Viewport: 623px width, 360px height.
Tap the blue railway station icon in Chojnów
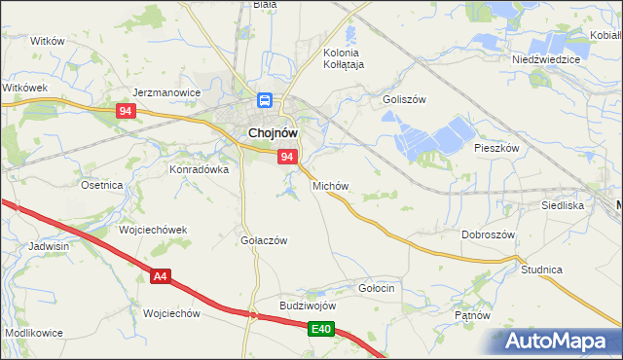[264, 99]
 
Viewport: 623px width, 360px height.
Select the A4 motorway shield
[162, 278]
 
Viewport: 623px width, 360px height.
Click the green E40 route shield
[323, 331]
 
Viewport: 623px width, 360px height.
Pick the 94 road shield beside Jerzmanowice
[125, 112]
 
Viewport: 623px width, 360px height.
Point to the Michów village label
[330, 185]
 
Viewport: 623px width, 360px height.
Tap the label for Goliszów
[405, 99]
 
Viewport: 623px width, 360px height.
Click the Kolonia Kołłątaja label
[342, 58]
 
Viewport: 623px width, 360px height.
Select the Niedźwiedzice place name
[546, 59]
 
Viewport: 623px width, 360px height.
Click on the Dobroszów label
[488, 234]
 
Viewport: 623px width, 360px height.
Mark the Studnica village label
[542, 269]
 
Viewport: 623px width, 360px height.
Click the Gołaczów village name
[263, 240]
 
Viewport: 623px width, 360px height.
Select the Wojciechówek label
[152, 230]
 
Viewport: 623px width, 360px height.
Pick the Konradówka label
[200, 168]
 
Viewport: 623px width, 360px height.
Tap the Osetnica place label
[101, 185]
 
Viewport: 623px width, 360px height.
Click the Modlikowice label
[34, 333]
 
